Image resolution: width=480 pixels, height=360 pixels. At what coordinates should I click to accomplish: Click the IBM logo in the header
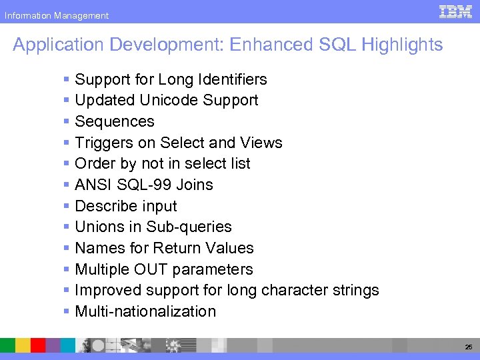pyautogui.click(x=456, y=11)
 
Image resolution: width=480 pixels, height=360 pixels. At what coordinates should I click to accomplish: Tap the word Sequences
pyautogui.click(x=115, y=121)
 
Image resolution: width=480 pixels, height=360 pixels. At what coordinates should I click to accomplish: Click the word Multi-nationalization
pyautogui.click(x=145, y=311)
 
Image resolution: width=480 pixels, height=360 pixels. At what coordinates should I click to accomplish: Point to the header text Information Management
pyautogui.click(x=56, y=15)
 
